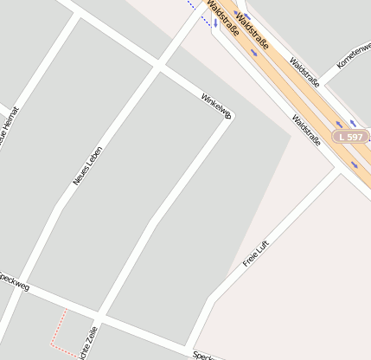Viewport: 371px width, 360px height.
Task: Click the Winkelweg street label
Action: (217, 106)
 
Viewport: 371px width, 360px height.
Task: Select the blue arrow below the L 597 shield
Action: (355, 164)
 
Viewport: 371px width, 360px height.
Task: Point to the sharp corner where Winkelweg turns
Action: (228, 116)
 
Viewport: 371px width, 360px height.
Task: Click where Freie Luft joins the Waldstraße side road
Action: (338, 171)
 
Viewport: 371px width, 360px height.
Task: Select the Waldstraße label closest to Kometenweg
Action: (305, 73)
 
